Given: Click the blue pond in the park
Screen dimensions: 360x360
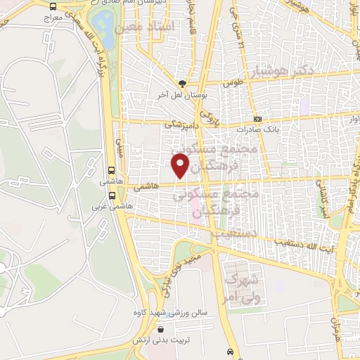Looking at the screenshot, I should click(x=104, y=25).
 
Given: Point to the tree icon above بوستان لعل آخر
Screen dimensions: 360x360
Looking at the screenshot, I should click(x=183, y=83).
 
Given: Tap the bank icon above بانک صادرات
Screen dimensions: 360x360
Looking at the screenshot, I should click(x=257, y=119).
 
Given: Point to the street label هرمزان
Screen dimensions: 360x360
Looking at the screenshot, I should click(x=335, y=330).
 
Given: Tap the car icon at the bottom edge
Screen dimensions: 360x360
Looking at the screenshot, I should click(x=230, y=351).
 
